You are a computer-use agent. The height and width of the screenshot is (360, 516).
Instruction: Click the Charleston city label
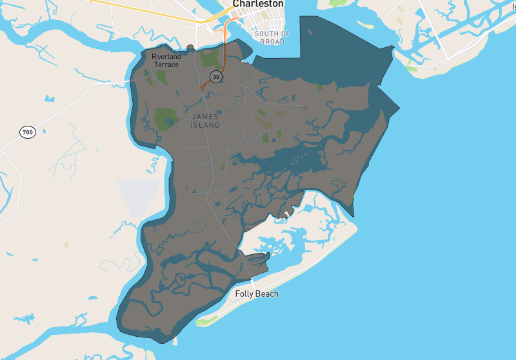coord(258,4)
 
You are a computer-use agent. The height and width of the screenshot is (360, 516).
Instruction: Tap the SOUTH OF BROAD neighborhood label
coord(272,37)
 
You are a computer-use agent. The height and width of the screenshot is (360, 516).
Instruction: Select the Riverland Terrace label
coord(166,61)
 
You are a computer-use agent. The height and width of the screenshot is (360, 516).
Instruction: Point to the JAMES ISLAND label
coord(206,120)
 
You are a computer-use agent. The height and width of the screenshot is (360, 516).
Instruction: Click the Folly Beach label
coord(257,294)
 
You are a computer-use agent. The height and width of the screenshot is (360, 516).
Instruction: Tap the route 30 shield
coord(215,77)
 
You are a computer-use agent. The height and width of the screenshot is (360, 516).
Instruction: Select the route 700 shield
coord(26,132)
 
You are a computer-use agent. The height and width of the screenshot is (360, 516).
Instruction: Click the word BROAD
coord(272,42)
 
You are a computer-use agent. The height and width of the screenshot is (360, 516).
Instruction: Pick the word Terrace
coord(167,65)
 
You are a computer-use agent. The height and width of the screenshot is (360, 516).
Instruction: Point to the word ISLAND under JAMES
coord(206,125)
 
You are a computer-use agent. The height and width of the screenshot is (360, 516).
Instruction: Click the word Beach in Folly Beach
coord(268,294)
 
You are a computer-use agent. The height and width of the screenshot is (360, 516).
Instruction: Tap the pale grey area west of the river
coord(138,197)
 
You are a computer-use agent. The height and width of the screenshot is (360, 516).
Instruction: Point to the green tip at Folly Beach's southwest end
coord(205,321)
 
